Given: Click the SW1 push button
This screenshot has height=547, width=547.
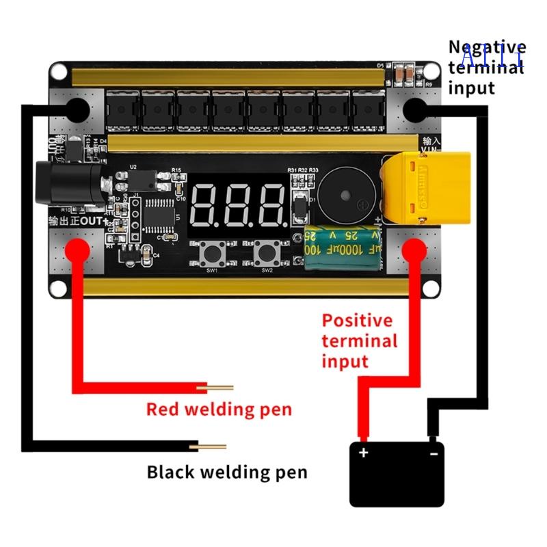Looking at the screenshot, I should coord(211,254).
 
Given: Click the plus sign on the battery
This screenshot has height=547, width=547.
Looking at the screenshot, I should coord(364,453).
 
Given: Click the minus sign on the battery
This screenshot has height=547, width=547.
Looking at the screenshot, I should coord(433,453).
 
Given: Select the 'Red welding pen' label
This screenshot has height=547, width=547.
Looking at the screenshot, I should coord(219,410).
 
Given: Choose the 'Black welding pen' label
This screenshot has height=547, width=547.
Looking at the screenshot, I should coord(227,472).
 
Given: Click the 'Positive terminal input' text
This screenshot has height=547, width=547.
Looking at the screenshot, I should coord(359,341).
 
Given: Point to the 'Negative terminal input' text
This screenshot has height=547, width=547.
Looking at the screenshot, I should coord(487,68).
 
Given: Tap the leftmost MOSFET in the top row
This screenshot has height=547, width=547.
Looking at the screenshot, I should coord(122,109).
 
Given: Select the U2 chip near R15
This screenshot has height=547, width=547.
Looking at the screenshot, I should coord(142,179).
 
